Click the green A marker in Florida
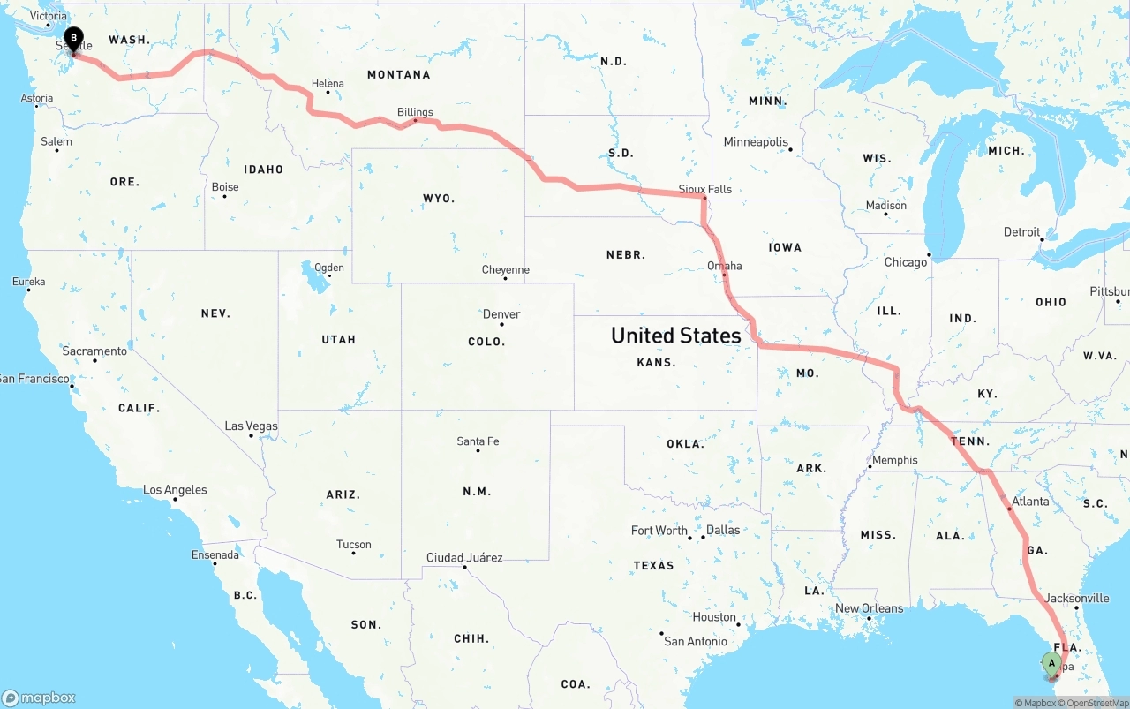point(1051,664)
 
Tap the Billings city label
point(415,112)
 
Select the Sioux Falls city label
point(704,189)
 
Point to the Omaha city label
point(724,266)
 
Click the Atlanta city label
point(1030,502)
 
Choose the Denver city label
point(501,314)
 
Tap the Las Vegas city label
point(251,426)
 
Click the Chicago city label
point(906,262)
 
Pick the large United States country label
point(675,336)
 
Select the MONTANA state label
point(398,75)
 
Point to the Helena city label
point(328,84)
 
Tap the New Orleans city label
point(869,608)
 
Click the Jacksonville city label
point(1077,598)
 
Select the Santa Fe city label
point(478,441)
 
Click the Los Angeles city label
point(175,490)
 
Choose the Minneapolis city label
point(755,142)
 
